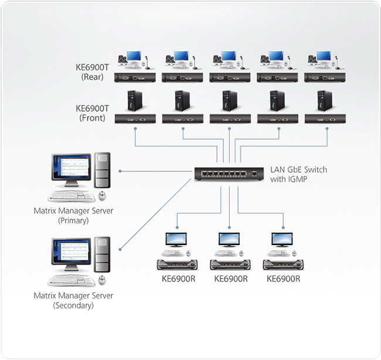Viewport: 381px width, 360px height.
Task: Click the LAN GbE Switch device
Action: coord(229,174)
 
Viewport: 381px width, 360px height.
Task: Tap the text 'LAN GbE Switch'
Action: coord(298,169)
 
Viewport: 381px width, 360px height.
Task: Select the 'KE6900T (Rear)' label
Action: coord(93,72)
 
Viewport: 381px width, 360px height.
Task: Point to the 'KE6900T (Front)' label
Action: coord(93,113)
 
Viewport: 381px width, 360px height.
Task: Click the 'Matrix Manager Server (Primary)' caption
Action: coord(73,216)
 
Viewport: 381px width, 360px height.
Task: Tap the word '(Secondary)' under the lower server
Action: coord(73,305)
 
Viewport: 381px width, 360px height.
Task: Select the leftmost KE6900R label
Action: coord(179,279)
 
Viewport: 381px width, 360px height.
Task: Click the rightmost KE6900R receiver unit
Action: coord(283,264)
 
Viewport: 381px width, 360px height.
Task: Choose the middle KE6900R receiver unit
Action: coord(230,264)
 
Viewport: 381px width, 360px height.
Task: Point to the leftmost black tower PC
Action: coord(134,101)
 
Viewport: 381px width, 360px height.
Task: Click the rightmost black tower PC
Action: coord(324,101)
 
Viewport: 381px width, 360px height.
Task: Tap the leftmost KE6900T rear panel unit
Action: coord(135,77)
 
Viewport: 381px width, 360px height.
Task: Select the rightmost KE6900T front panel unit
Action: coord(325,118)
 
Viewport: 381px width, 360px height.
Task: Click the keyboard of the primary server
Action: coord(72,196)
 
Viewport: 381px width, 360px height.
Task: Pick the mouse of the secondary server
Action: coord(103,280)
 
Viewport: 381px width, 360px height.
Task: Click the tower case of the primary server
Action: coord(103,170)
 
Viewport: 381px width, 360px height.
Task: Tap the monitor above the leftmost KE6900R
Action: coord(176,240)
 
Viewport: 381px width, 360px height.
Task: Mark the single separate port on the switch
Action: coord(254,174)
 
